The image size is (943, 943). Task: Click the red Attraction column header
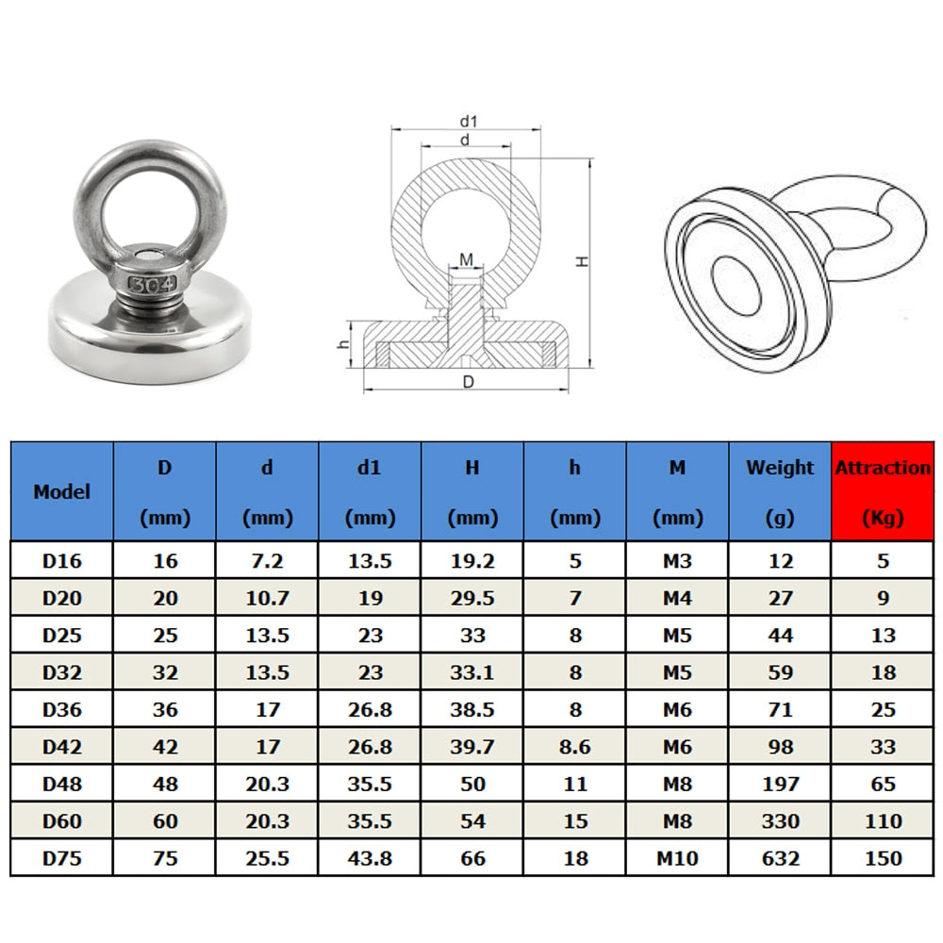pos(883,491)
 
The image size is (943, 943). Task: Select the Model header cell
pos(61,491)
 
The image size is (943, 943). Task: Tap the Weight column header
pos(780,491)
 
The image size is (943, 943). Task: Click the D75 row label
pos(61,857)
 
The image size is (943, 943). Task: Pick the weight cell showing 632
pos(780,857)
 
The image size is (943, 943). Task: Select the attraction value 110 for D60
pos(883,820)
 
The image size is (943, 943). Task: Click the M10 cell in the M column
pos(677,857)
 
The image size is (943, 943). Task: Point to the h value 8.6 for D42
pos(575,746)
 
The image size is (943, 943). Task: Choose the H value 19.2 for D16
pos(472,560)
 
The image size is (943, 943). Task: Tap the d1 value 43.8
pos(370,857)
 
